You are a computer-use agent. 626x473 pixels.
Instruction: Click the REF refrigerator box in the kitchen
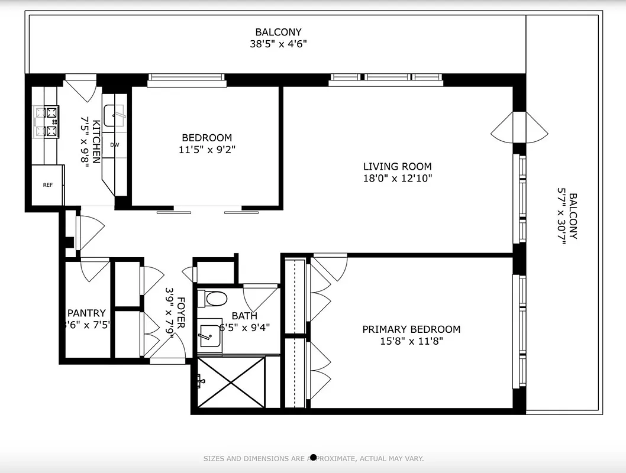[47, 185]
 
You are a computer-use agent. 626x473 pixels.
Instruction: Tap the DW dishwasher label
[114, 145]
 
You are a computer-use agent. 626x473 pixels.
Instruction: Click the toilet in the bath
[212, 299]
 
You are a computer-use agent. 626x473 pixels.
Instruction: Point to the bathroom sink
[208, 336]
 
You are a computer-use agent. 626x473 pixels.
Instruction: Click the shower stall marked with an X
[231, 382]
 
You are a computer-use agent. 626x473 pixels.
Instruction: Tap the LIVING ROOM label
[397, 167]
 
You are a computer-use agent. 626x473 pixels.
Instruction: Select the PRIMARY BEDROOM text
[411, 329]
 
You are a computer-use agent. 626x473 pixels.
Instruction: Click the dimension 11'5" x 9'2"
[206, 150]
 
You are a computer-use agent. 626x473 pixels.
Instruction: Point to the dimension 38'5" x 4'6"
[278, 44]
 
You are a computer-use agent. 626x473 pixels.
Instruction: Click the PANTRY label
[86, 313]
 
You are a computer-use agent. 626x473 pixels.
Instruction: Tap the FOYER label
[181, 312]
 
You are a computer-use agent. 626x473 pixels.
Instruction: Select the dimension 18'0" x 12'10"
[397, 179]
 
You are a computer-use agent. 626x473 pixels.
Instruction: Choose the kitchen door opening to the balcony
[81, 88]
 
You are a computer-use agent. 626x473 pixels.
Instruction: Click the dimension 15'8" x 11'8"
[411, 341]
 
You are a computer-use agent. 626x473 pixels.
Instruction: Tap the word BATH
[244, 316]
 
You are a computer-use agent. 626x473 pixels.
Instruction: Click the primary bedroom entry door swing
[330, 266]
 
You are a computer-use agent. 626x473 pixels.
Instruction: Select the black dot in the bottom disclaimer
[314, 458]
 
